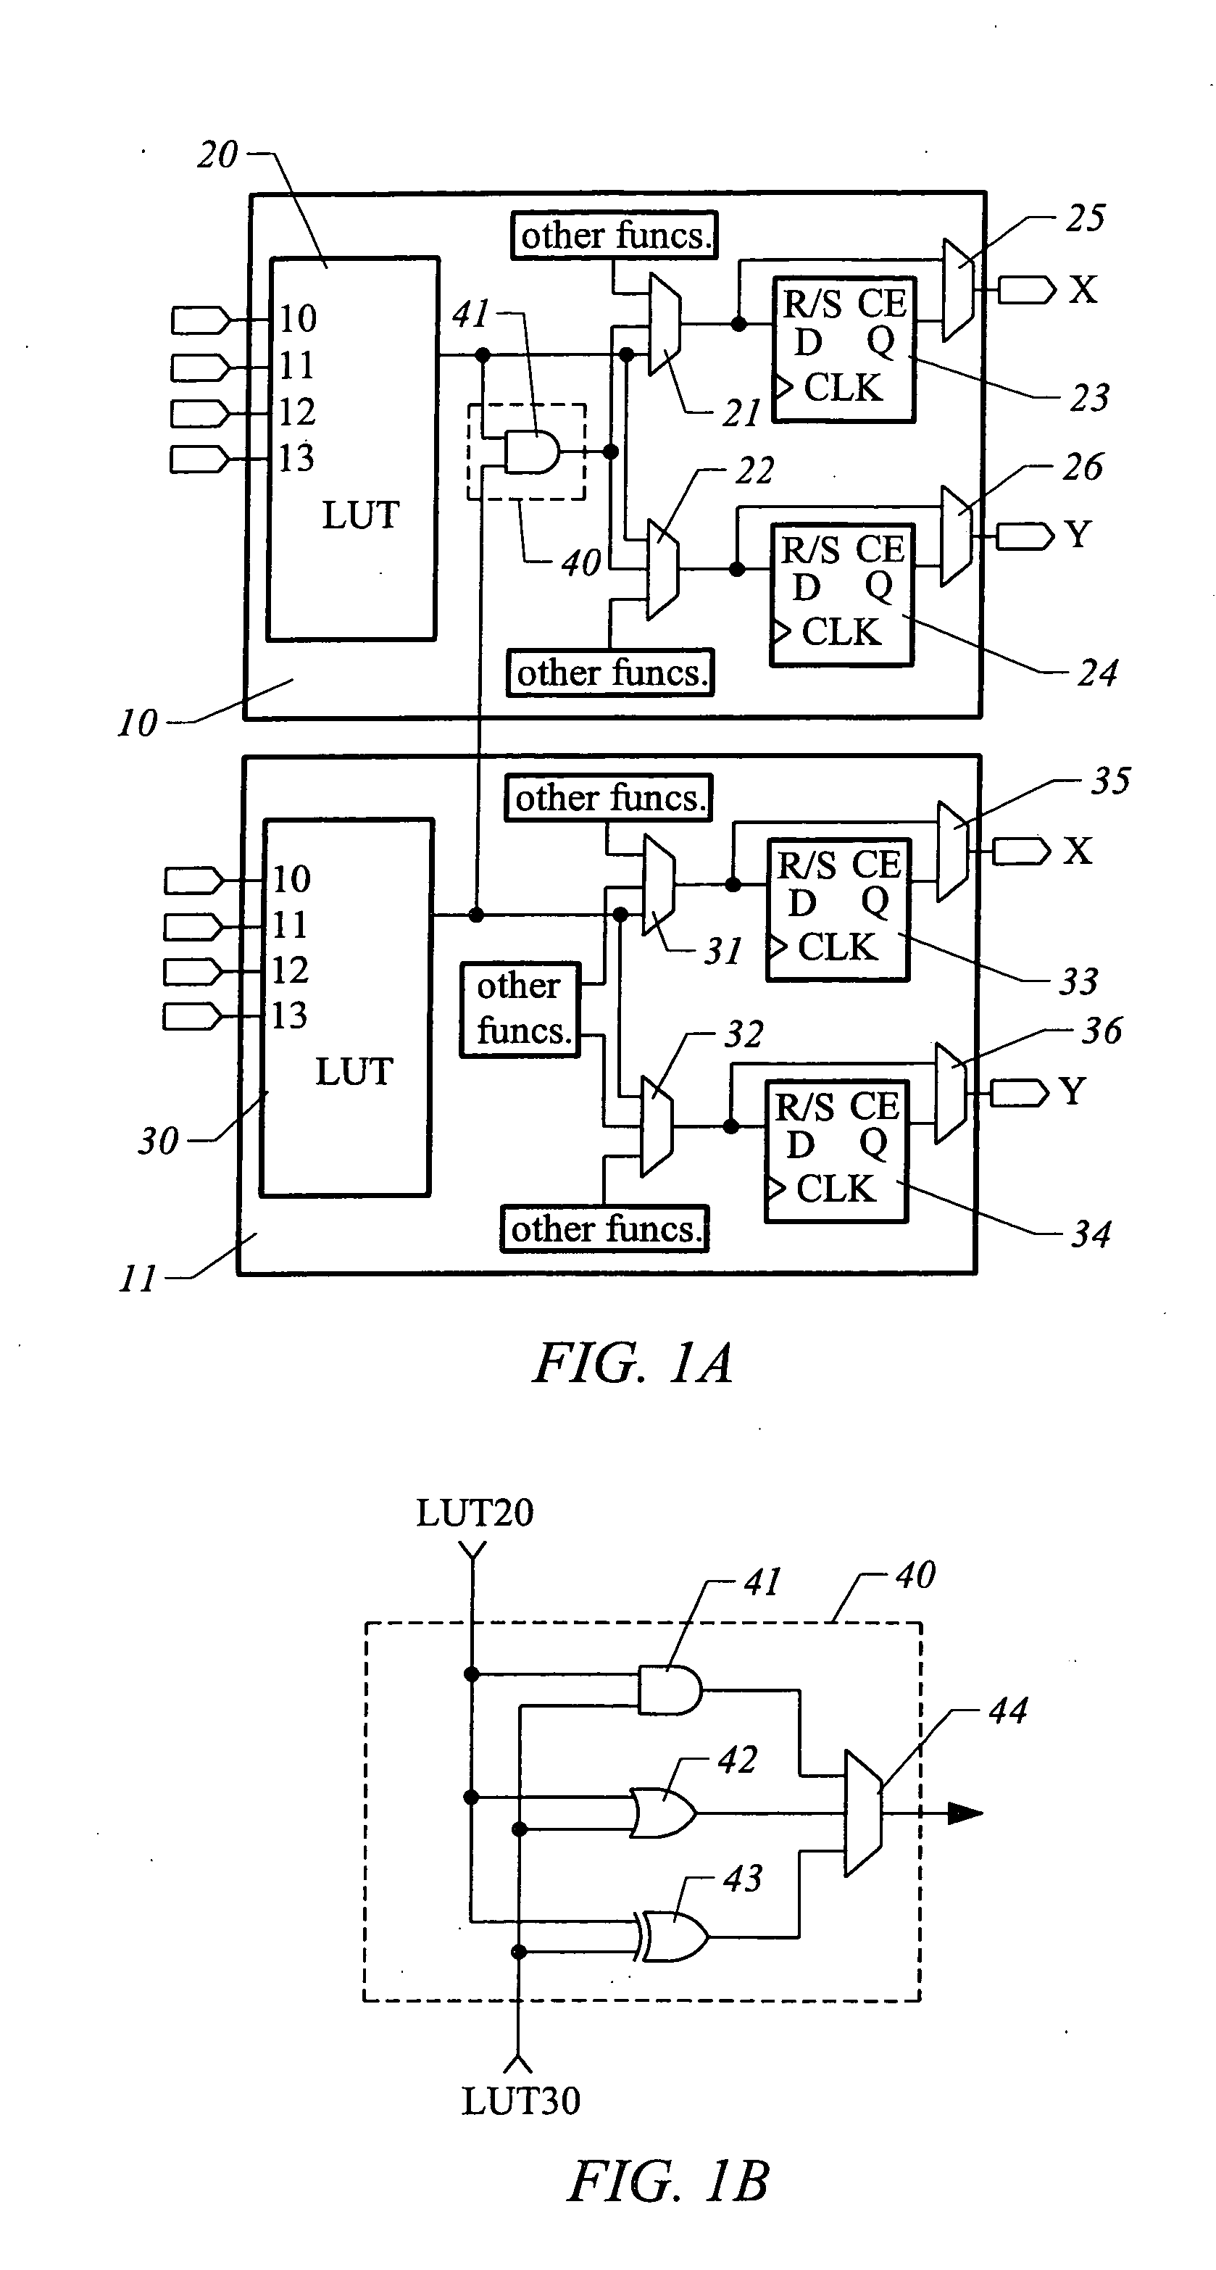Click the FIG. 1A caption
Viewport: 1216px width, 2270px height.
[x=633, y=1363]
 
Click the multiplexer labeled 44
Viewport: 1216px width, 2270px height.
[x=862, y=1813]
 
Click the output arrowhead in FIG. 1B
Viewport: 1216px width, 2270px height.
[x=965, y=1813]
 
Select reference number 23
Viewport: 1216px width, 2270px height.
[x=1089, y=399]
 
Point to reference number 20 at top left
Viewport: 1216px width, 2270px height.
[x=217, y=155]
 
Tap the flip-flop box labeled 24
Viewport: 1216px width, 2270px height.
[x=842, y=594]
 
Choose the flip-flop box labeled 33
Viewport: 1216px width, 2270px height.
[x=838, y=910]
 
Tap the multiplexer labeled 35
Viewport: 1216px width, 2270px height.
[x=951, y=851]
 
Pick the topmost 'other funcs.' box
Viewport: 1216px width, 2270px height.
[x=615, y=236]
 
